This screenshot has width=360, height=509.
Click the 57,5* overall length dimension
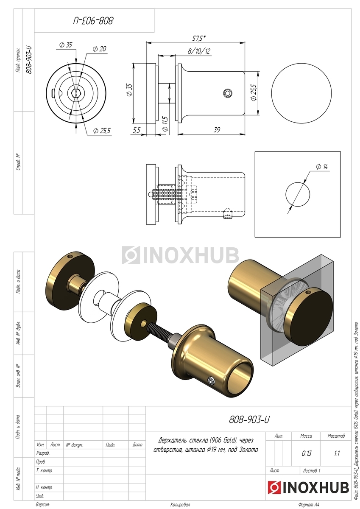[x=199, y=39]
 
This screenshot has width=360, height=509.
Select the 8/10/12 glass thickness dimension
[x=199, y=51]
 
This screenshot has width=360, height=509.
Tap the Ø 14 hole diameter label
[x=322, y=167]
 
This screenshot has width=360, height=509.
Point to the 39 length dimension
[x=217, y=130]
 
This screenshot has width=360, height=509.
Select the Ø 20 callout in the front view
[x=100, y=49]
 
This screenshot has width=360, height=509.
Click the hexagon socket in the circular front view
[x=76, y=93]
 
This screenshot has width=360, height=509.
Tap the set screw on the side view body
[x=227, y=93]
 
